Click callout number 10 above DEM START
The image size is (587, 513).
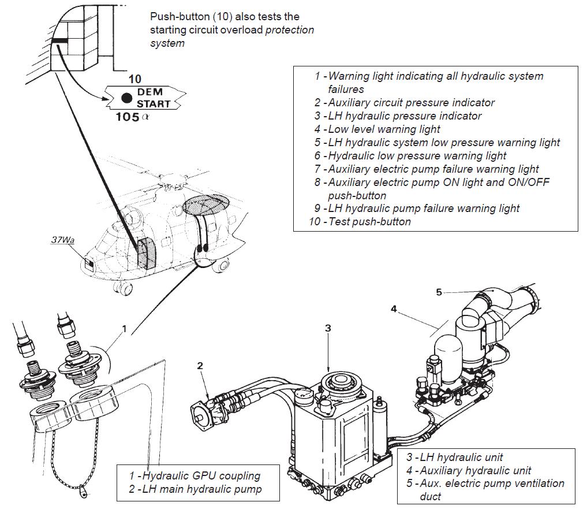(134, 79)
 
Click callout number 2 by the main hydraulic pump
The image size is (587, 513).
(200, 365)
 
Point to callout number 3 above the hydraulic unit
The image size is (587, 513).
(328, 328)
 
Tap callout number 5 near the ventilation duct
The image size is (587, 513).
(439, 292)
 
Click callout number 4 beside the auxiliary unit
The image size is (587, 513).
(394, 308)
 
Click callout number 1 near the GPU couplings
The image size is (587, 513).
(123, 329)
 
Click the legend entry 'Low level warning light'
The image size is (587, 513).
(384, 129)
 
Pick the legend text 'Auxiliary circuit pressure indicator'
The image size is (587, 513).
(411, 102)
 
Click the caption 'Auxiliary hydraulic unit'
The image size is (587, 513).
(475, 470)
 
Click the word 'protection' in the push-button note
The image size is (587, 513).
(289, 30)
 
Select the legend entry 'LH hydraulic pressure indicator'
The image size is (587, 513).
(405, 116)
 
